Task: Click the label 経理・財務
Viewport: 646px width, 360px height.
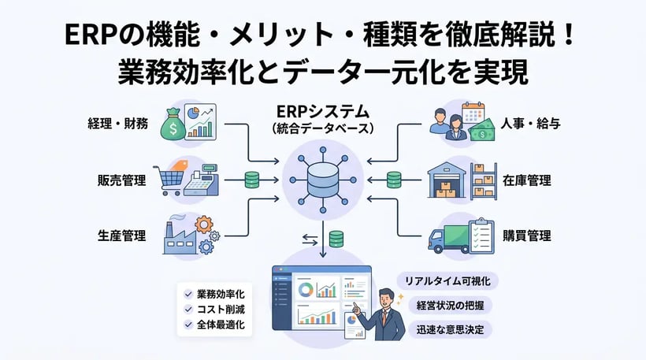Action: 118,124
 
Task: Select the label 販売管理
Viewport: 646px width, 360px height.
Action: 118,180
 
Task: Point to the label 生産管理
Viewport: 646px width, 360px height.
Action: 118,235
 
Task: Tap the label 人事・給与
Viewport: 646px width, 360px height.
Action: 530,124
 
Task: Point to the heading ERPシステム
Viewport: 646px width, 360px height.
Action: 322,110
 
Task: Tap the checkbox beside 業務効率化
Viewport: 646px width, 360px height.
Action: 188,293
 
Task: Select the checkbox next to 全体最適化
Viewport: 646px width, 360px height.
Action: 188,324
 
